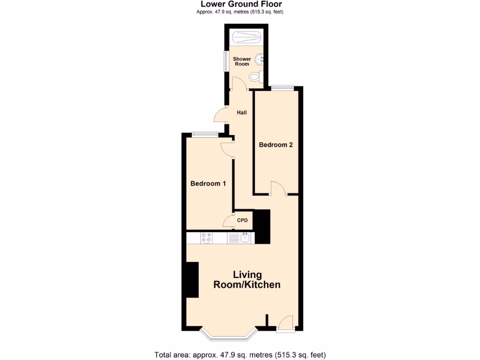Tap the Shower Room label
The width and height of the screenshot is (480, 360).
click(242, 61)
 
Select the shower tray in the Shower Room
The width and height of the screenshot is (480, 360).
click(246, 37)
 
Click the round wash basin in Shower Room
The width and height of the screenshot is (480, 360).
click(260, 60)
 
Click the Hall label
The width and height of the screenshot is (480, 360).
click(241, 112)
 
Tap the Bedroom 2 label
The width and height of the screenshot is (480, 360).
click(276, 145)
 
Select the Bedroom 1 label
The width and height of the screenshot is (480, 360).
click(208, 183)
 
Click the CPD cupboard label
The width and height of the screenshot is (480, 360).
click(242, 220)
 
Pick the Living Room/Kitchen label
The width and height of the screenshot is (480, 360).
click(247, 280)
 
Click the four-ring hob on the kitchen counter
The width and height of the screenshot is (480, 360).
click(206, 238)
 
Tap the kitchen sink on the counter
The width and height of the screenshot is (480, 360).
click(245, 238)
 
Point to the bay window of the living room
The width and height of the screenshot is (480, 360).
click(228, 335)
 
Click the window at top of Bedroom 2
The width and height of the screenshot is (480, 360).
click(282, 87)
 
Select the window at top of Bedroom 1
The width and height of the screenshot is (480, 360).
click(205, 135)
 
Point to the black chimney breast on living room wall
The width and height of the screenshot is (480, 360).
click(192, 280)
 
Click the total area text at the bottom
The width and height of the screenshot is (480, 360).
click(240, 354)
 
